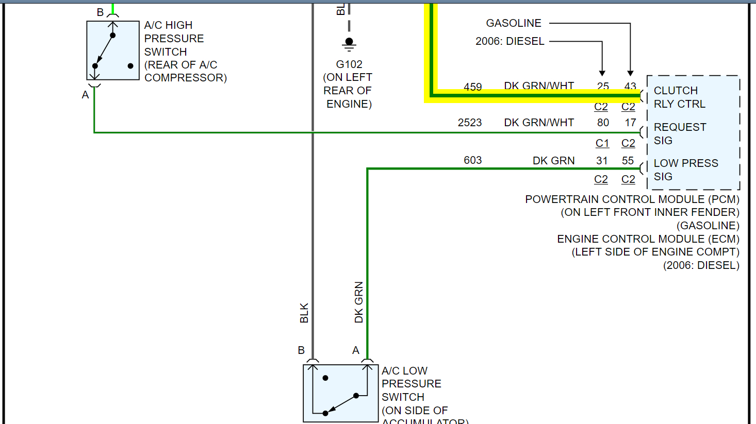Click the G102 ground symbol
click(349, 44)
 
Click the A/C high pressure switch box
click(113, 50)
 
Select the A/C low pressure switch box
click(340, 393)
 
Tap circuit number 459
click(472, 87)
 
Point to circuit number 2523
click(470, 123)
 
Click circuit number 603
click(472, 160)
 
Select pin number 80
click(603, 123)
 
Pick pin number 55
click(628, 160)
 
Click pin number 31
click(602, 160)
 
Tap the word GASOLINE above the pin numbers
click(514, 23)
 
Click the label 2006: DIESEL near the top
click(510, 41)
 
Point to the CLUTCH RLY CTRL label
click(679, 97)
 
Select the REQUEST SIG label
click(680, 133)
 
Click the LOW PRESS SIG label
click(685, 169)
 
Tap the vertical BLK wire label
click(304, 313)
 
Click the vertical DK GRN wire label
click(359, 302)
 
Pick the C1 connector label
click(602, 143)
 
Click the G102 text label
click(349, 64)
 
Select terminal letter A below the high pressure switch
click(86, 95)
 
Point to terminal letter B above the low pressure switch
click(301, 350)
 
